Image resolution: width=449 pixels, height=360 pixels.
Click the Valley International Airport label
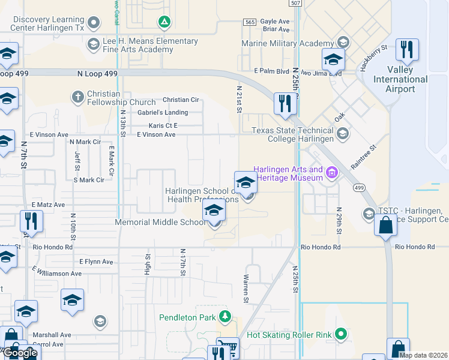point(400,79)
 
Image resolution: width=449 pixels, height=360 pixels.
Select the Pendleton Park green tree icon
point(224,316)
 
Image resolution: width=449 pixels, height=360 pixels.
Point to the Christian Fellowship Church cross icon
point(77,96)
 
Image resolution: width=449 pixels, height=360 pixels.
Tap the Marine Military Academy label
point(287,43)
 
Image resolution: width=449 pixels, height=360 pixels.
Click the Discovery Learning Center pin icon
point(92,23)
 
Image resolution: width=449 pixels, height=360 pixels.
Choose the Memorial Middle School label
point(160,223)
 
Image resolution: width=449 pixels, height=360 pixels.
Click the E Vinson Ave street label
point(156,134)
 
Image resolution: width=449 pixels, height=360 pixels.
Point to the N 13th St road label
point(122,124)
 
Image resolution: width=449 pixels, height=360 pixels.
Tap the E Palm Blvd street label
point(271,71)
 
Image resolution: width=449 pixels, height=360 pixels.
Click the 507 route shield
point(294,4)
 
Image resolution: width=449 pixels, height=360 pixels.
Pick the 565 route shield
point(250,22)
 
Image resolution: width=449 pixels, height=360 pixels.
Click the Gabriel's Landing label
point(162,113)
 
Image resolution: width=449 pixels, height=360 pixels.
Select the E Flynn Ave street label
point(96,262)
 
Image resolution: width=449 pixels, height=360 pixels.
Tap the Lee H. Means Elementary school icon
point(92,44)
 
